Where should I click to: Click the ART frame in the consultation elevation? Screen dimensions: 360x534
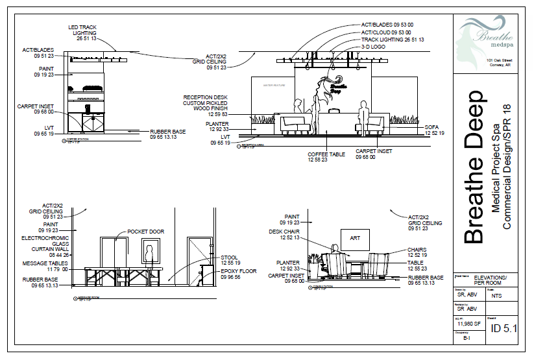tap(355, 238)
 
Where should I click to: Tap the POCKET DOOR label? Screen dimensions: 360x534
tap(146, 232)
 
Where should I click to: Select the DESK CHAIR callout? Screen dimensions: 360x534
tap(284, 234)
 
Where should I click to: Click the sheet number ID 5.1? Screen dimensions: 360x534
tap(504, 329)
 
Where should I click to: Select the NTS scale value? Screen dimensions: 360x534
tap(497, 295)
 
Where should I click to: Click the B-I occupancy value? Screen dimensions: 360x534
tap(467, 338)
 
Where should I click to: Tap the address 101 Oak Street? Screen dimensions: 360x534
tap(500, 60)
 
